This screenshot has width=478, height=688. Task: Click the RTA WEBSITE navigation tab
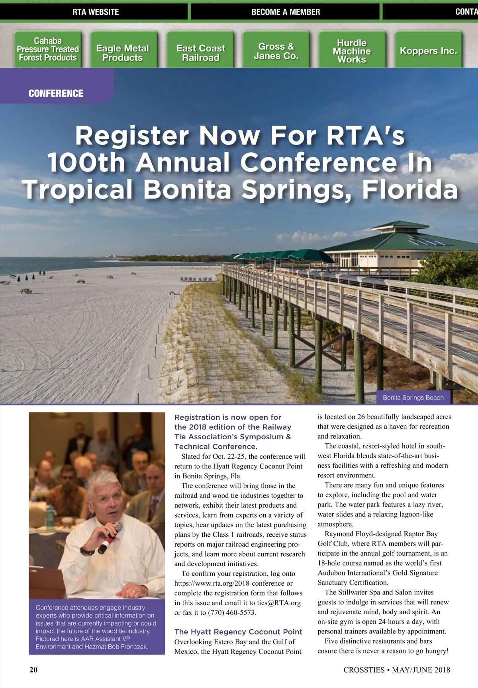(96, 12)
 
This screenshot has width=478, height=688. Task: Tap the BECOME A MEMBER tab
(286, 12)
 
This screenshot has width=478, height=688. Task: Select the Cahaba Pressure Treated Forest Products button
(48, 49)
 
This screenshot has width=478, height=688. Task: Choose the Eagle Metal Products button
(123, 53)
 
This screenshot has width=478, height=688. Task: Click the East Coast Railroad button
(201, 53)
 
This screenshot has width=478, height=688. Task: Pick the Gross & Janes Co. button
(276, 51)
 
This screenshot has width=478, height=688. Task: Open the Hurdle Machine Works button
(352, 51)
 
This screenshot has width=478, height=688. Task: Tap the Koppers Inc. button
(428, 51)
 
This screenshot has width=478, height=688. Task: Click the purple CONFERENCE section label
(56, 94)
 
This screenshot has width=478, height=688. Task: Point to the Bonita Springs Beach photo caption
(413, 398)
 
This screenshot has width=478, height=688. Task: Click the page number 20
(33, 670)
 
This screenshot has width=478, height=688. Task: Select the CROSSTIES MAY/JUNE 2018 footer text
(397, 670)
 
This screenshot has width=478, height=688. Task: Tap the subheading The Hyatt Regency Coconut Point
(238, 632)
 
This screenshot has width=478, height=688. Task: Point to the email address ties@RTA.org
(279, 603)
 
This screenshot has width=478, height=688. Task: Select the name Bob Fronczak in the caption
(128, 647)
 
